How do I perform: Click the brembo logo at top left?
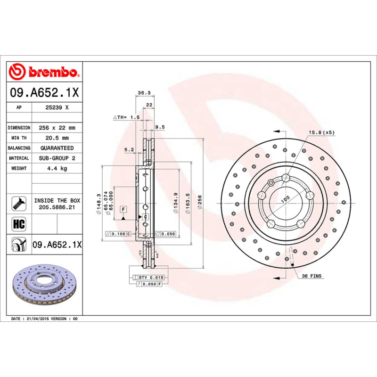43,72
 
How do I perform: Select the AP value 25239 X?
57,107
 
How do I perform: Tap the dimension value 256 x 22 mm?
57,128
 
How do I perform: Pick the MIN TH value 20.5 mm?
57,138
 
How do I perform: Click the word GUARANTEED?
57,148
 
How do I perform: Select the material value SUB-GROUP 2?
57,158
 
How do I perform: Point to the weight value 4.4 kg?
57,168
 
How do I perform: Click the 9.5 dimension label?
160,127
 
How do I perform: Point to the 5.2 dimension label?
129,150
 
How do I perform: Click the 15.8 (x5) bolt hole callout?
321,132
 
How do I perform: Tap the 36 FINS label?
311,276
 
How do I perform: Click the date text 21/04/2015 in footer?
37,319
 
